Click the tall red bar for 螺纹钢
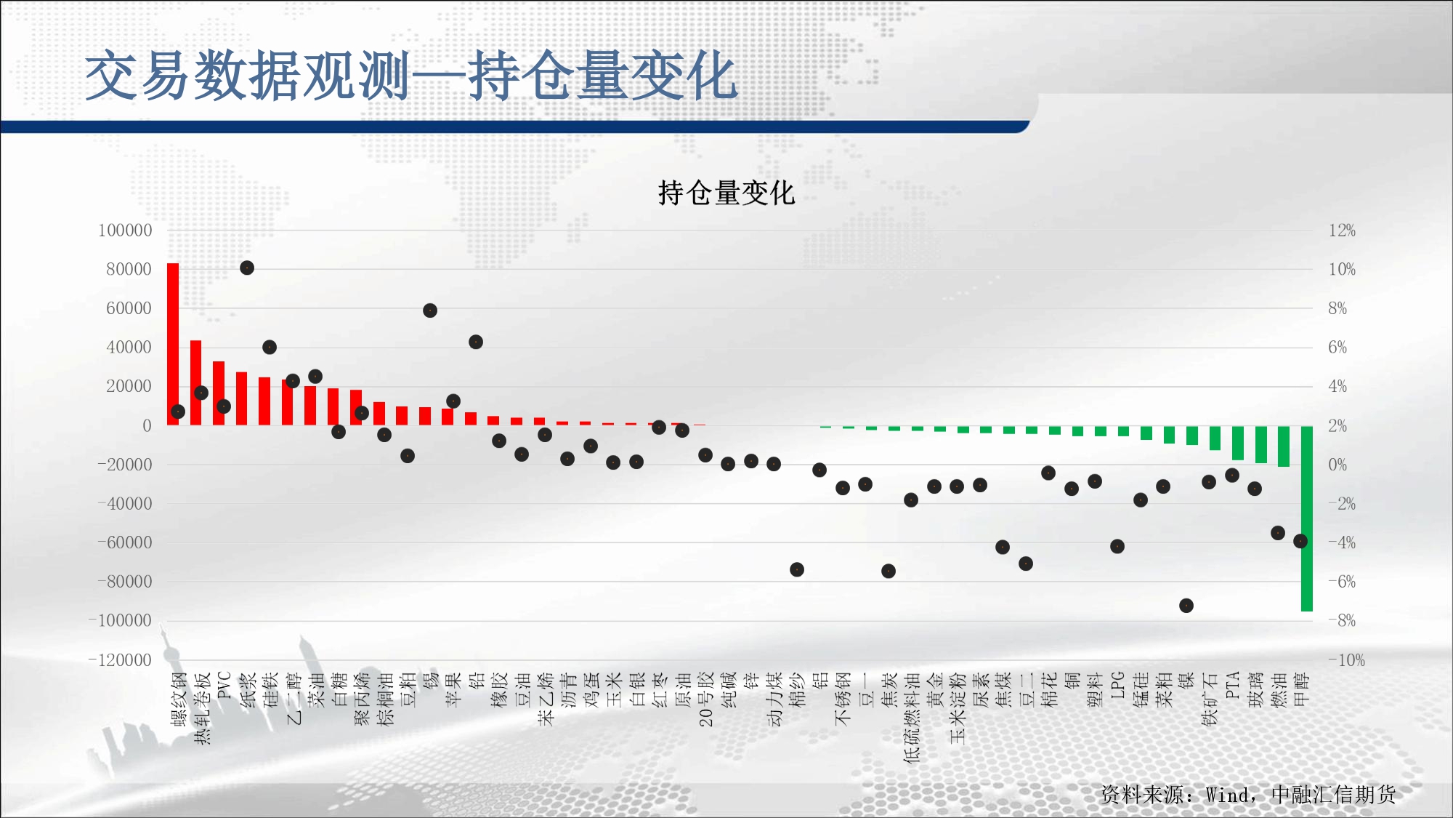coord(173,344)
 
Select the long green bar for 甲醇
coord(1306,518)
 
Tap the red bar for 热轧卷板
coord(196,382)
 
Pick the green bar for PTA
coord(1238,443)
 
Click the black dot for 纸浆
coord(247,268)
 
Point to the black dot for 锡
coord(430,310)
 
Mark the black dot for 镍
coord(1186,606)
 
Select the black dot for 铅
coord(476,342)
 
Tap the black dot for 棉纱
coord(797,569)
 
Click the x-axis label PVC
coord(224,686)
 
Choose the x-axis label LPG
coord(1117,686)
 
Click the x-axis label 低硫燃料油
coord(912,717)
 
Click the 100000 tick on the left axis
coord(125,230)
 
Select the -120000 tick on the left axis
coord(120,660)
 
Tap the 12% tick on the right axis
coord(1342,230)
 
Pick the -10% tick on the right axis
coord(1346,660)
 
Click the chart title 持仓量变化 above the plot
coord(726,193)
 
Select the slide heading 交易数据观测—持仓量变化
coord(411,76)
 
